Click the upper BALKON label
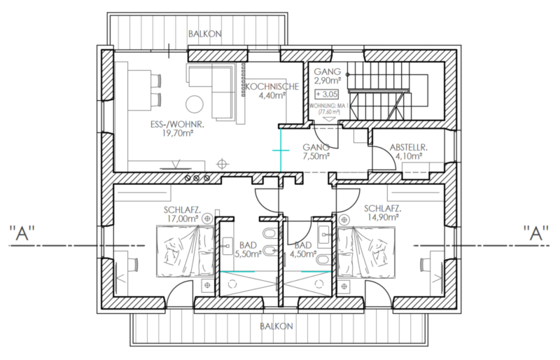[205, 34]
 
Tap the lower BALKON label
[276, 326]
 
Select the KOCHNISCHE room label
[272, 87]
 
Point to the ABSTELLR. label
[409, 147]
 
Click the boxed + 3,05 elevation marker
[326, 95]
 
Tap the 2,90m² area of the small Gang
[327, 81]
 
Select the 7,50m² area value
[316, 156]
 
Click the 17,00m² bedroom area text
[182, 218]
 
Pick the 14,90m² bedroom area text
[382, 217]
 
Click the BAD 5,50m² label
[248, 249]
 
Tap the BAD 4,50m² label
[303, 249]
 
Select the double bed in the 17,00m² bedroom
[185, 251]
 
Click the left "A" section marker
[22, 233]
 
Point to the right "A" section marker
[536, 233]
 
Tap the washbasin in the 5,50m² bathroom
[227, 246]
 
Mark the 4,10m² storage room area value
[409, 156]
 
